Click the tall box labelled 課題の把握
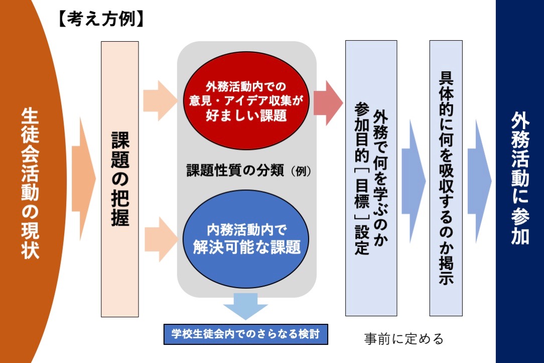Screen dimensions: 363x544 (x=120, y=179)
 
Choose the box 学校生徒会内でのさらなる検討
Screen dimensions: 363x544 (x=246, y=333)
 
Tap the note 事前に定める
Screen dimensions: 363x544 (x=404, y=339)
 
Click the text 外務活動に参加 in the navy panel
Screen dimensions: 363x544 (x=520, y=179)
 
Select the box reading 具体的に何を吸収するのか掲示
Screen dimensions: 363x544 (x=446, y=179)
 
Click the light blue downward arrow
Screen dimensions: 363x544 (x=246, y=305)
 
